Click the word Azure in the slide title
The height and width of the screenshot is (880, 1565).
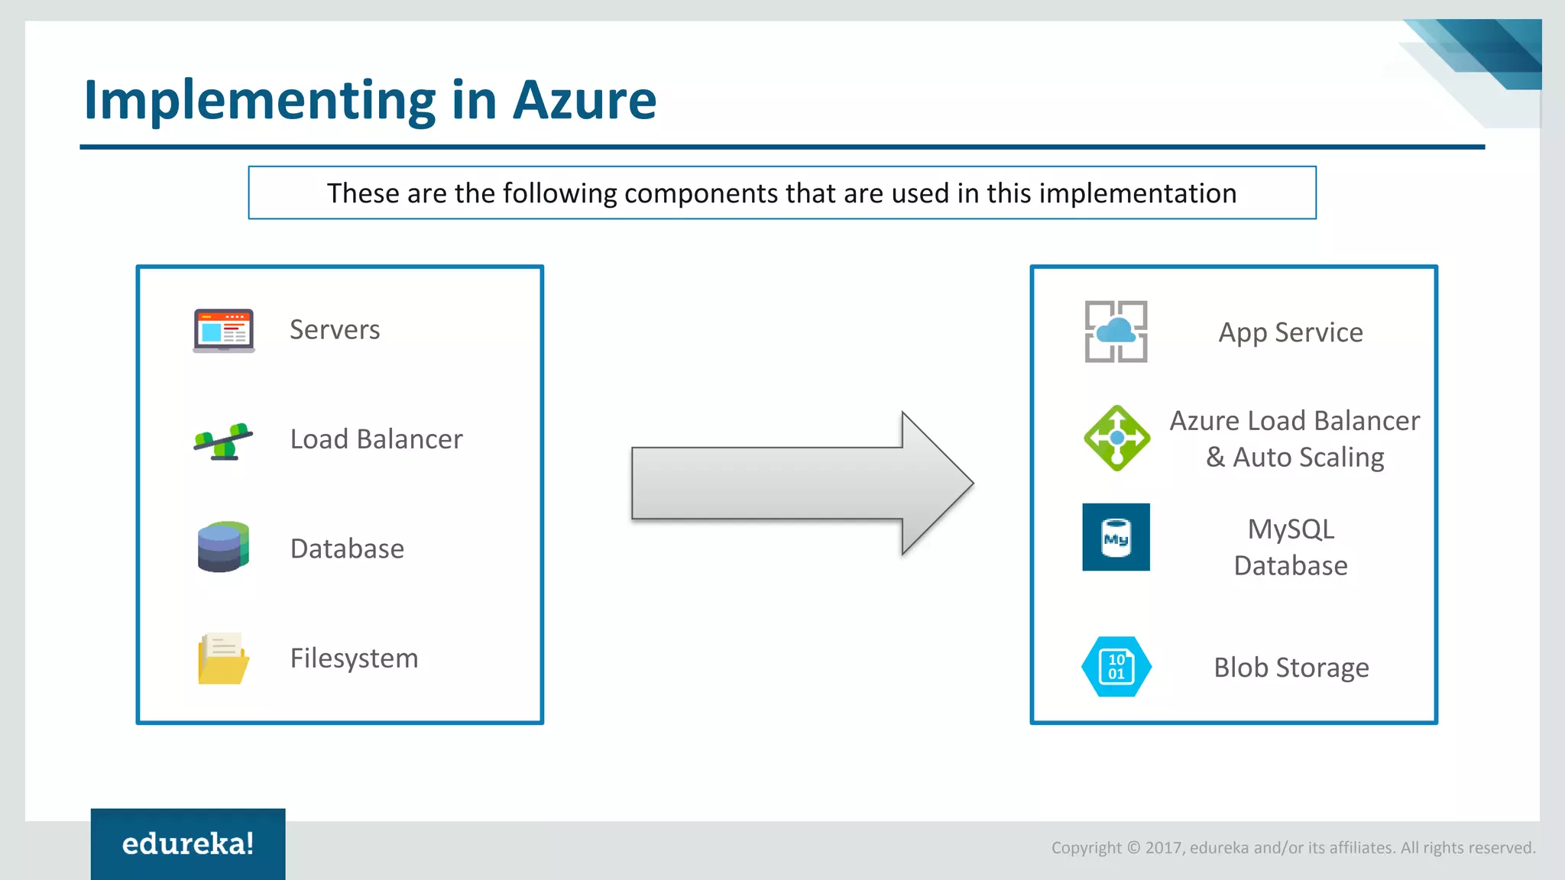[x=584, y=100]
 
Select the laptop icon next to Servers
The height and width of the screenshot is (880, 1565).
[x=223, y=330]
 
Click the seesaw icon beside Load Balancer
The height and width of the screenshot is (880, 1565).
[x=222, y=441]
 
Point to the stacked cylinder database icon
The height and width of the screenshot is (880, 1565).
[x=222, y=547]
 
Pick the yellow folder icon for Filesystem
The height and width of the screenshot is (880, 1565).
[x=222, y=658]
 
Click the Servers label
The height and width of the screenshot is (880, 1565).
[x=334, y=330]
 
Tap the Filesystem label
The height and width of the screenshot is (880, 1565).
[x=354, y=658]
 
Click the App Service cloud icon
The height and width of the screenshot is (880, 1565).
[x=1116, y=332]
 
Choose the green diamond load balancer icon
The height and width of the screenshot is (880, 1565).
[x=1116, y=438]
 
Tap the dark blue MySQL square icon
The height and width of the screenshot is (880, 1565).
[x=1116, y=537]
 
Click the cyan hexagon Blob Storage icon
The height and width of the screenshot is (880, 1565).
[x=1116, y=667]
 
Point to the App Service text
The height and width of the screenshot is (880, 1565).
[x=1290, y=332]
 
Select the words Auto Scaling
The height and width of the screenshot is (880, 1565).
[x=1308, y=458]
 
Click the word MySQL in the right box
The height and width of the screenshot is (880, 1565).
[x=1291, y=529]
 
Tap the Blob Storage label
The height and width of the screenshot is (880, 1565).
[x=1291, y=668]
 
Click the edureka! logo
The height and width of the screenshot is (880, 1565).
[x=188, y=843]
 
